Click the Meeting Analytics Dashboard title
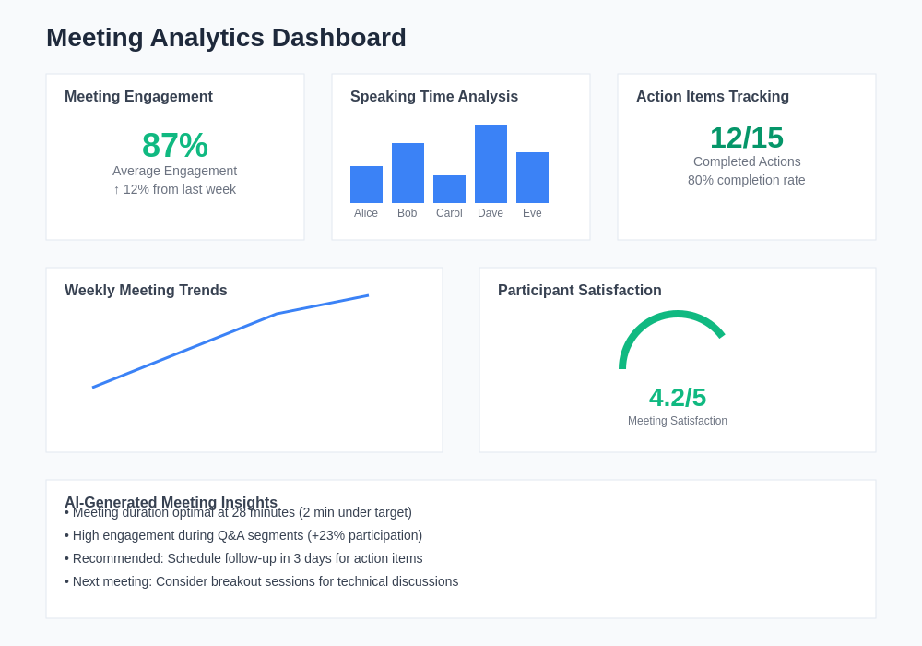[x=226, y=38]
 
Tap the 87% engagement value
[x=175, y=145]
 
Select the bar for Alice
[x=366, y=185]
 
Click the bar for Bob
[x=408, y=173]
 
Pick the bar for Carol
[x=449, y=189]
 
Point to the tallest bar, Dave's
[x=491, y=163]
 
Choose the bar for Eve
[x=532, y=177]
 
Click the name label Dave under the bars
[x=491, y=213]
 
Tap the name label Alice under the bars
[x=366, y=213]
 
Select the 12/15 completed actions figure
[x=747, y=138]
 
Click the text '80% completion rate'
[x=747, y=180]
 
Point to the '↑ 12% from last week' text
[x=175, y=189]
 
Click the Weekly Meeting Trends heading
[x=146, y=291]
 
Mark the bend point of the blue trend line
[x=277, y=314]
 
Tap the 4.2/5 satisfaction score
[x=678, y=397]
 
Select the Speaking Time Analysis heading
[x=434, y=97]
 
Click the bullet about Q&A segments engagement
[x=243, y=535]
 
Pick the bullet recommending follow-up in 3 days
[x=243, y=558]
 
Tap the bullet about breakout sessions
[x=262, y=581]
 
